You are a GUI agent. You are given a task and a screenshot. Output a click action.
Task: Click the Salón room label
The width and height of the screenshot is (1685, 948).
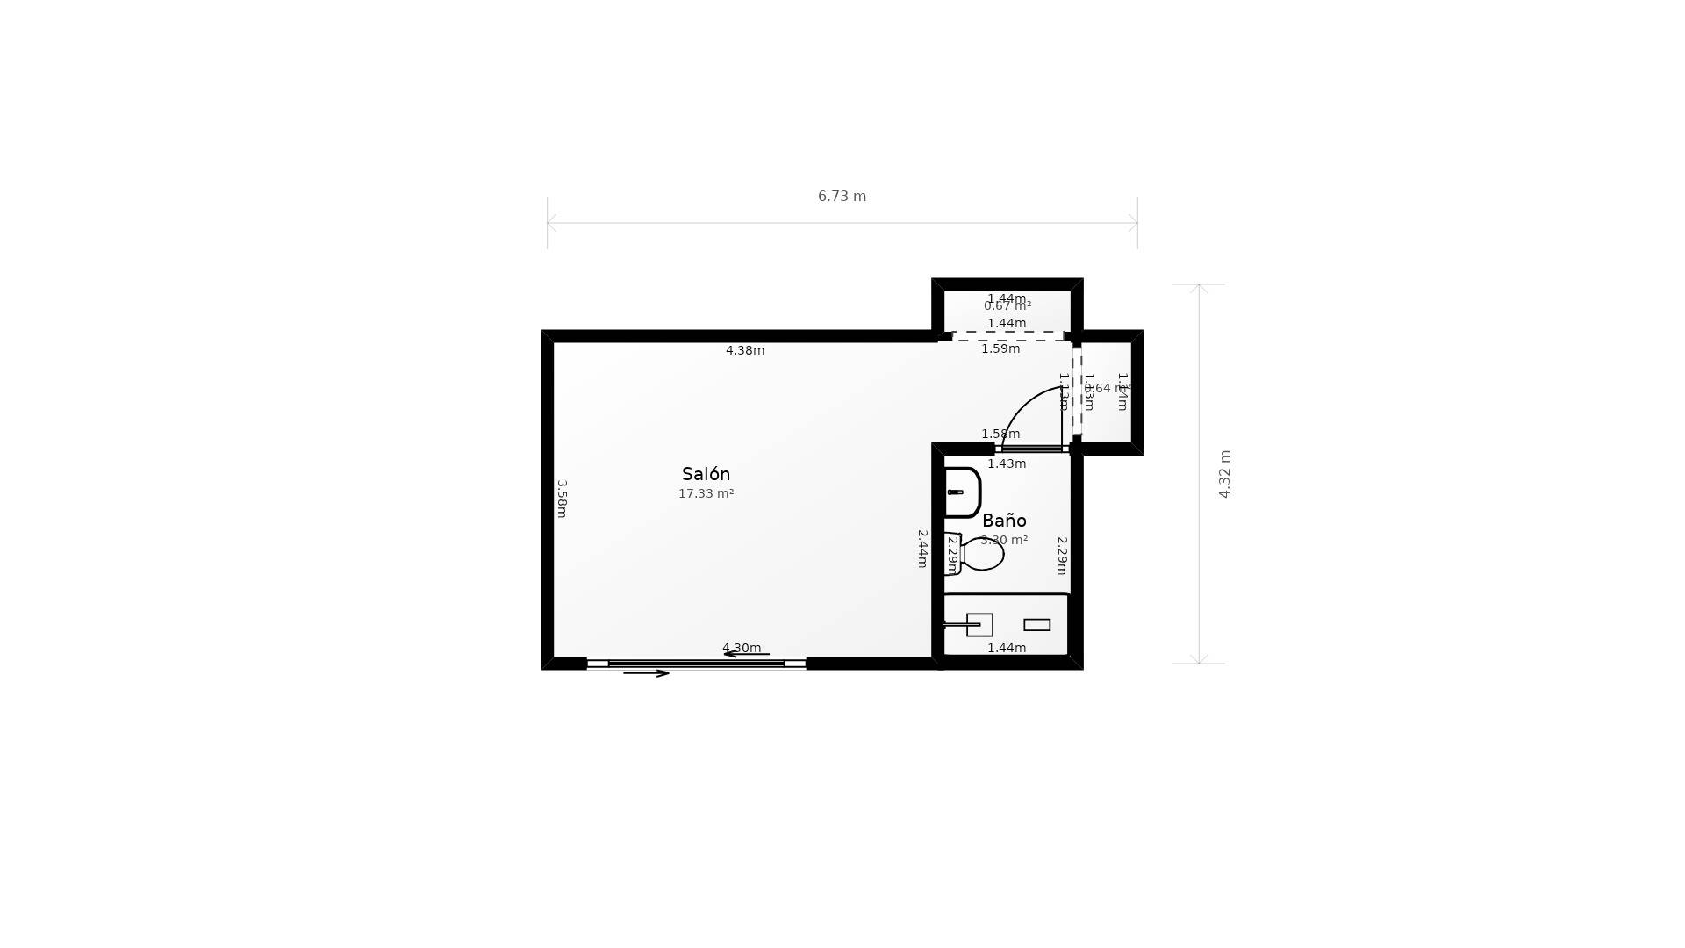tap(706, 474)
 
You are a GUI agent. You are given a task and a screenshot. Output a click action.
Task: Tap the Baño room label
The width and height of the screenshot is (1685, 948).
tap(1004, 521)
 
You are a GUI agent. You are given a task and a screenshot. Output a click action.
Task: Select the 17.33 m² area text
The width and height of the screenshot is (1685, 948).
tap(706, 494)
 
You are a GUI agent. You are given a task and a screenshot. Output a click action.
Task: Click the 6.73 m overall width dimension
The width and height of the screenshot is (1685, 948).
tap(842, 197)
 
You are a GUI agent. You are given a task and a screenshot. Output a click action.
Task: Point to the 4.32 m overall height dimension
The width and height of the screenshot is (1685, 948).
tap(1224, 474)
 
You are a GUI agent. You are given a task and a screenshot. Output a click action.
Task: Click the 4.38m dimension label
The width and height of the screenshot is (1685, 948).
tap(744, 351)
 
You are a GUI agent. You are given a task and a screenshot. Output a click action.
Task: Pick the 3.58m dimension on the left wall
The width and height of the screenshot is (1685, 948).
tap(562, 499)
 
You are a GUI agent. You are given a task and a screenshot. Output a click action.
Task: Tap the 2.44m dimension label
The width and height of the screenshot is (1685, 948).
tap(922, 549)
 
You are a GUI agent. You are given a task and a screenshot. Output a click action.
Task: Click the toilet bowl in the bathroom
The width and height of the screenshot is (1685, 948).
tap(982, 554)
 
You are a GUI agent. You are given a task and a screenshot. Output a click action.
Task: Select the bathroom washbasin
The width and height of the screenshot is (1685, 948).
tap(962, 492)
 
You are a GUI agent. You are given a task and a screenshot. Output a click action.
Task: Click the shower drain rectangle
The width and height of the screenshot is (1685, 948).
tap(1036, 625)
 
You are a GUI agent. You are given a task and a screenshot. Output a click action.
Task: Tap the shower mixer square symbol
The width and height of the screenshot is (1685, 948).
tap(979, 625)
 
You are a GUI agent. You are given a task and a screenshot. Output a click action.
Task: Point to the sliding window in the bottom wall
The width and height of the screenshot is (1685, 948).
tap(696, 664)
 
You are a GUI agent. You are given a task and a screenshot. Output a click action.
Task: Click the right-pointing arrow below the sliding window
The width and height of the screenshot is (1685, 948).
tap(646, 673)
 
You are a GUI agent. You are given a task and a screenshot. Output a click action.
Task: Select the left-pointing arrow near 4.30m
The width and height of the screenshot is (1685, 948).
tap(746, 654)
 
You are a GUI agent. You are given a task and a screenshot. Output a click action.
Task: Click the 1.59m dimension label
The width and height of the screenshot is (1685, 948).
tap(1000, 349)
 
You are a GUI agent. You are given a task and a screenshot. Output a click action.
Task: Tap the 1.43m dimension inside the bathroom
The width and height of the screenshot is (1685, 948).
tap(1007, 464)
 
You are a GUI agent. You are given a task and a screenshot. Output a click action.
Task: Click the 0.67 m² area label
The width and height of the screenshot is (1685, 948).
tap(1007, 306)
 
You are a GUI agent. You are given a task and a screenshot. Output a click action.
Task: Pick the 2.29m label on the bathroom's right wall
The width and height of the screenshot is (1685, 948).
tap(1062, 556)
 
